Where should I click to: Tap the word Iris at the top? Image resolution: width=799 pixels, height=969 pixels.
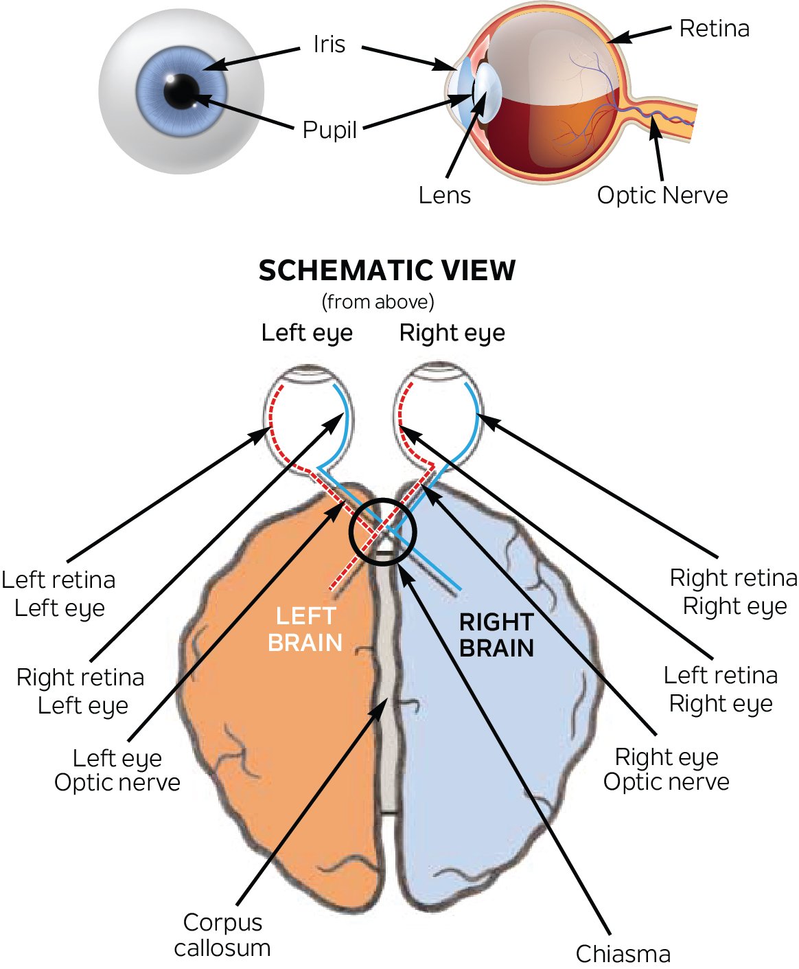click(x=329, y=45)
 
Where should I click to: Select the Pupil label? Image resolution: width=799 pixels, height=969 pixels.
click(x=329, y=130)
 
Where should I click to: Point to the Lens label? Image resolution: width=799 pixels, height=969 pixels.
click(x=445, y=196)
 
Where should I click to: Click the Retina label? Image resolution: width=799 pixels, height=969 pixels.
click(x=714, y=29)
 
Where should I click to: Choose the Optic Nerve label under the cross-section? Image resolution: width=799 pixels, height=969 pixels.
click(x=662, y=196)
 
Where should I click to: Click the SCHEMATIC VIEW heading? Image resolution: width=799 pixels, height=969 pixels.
click(x=386, y=271)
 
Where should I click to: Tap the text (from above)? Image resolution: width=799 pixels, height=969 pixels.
click(x=378, y=301)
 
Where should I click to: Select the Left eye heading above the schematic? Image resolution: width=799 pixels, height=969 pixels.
click(x=307, y=333)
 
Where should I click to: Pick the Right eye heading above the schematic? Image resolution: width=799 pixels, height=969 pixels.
click(x=452, y=333)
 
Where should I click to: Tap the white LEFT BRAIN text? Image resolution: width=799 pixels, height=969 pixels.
click(x=305, y=629)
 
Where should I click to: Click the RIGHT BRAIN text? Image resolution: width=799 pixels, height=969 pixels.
click(x=496, y=635)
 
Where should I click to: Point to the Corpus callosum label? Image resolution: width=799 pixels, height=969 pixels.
click(x=222, y=935)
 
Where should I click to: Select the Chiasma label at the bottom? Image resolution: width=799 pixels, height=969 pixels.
click(x=623, y=954)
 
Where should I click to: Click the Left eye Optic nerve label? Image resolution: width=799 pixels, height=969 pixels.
click(x=117, y=770)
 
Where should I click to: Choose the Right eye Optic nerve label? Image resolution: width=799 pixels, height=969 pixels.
click(x=666, y=769)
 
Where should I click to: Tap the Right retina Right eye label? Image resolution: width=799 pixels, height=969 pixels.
click(x=733, y=592)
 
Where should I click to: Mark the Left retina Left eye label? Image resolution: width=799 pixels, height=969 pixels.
click(x=59, y=594)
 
